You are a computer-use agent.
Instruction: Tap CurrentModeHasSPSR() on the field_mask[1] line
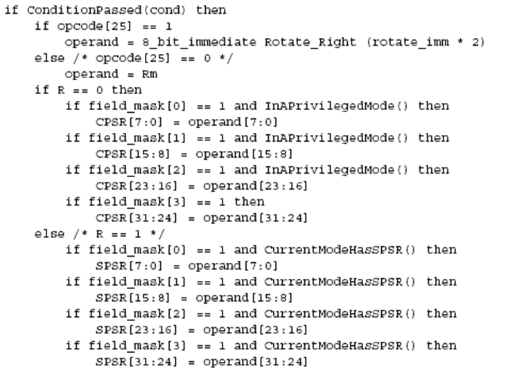tap(340, 282)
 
